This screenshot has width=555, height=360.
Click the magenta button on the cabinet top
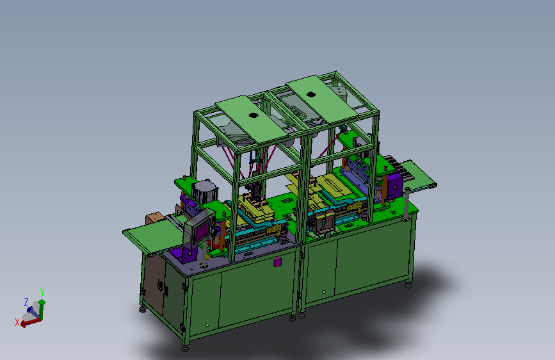pyautogui.click(x=278, y=262)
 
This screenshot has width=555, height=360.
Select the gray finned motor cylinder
pyautogui.click(x=205, y=192)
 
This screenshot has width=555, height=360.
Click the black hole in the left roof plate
pyautogui.click(x=253, y=115)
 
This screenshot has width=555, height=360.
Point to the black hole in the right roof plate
pyautogui.click(x=310, y=94)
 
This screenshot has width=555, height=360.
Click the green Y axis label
pyautogui.click(x=42, y=292)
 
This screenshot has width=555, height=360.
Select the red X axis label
pyautogui.click(x=17, y=322)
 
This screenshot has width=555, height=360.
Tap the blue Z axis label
pyautogui.click(x=26, y=302)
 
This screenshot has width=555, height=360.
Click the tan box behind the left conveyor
pyautogui.click(x=154, y=218)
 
